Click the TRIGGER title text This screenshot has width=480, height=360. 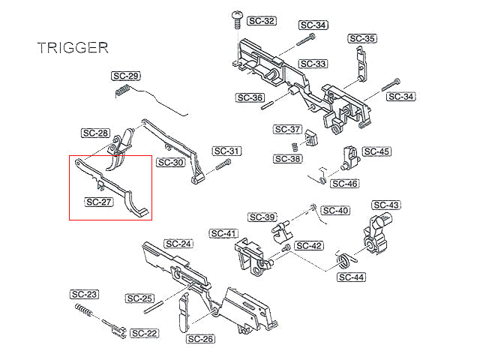[73, 48]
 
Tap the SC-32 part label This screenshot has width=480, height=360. [262, 21]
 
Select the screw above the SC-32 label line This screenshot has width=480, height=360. [237, 19]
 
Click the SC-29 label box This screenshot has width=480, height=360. [126, 76]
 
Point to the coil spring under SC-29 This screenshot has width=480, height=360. [122, 91]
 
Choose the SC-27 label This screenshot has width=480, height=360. [98, 202]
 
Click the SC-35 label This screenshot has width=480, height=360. [362, 38]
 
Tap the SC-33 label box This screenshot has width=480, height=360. [313, 64]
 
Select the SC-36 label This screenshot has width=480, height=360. [250, 97]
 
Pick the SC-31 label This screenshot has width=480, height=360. [226, 151]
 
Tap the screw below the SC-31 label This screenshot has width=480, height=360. [223, 165]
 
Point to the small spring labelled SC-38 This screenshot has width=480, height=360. [295, 147]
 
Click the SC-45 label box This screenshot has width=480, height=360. [376, 151]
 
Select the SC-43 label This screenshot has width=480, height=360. [386, 205]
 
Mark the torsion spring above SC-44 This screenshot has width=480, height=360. [346, 260]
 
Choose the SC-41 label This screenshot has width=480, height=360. [223, 233]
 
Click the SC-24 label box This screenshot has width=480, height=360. [178, 244]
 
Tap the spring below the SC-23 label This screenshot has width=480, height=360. [83, 310]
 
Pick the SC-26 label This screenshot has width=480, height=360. [200, 339]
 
